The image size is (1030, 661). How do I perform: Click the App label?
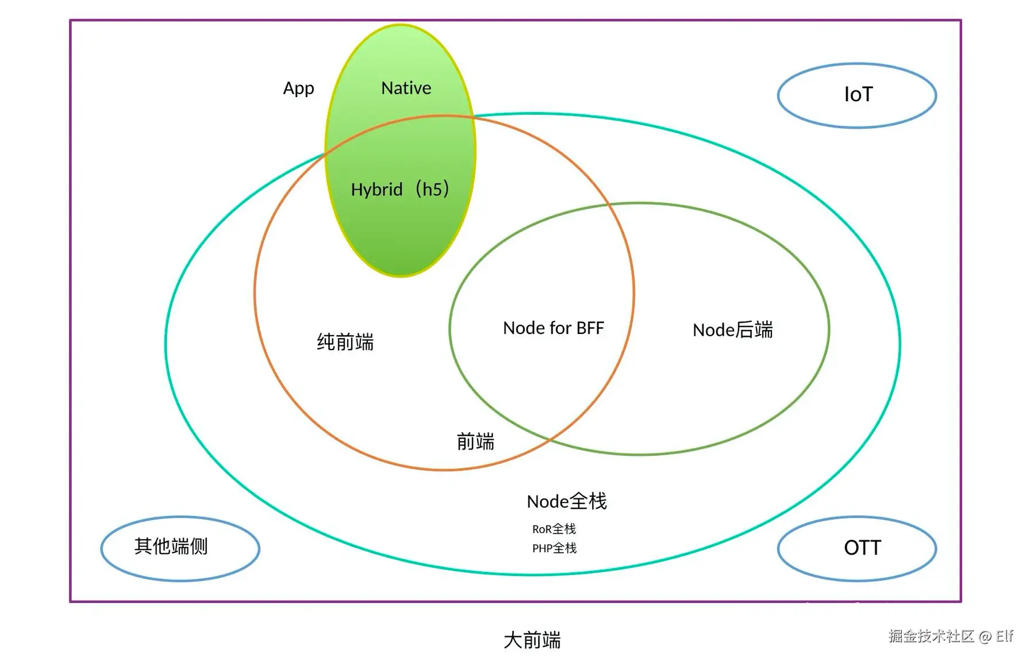coord(298,89)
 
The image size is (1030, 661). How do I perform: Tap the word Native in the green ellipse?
coord(406,88)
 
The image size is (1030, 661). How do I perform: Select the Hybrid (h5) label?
coord(400,189)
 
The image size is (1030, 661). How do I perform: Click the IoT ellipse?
coord(856,95)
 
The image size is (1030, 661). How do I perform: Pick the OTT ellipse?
coord(856,548)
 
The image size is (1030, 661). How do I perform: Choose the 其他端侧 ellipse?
coord(180,548)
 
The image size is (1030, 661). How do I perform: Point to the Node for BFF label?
coord(553,328)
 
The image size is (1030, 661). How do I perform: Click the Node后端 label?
coord(732,330)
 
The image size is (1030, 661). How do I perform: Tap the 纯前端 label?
coord(345,342)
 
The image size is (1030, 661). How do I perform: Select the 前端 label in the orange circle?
coord(475,441)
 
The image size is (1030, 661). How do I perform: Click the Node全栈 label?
coord(566,501)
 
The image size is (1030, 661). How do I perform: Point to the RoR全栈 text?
coord(554,529)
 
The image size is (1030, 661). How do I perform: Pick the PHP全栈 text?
coord(554,548)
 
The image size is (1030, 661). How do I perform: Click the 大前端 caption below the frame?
coord(532,640)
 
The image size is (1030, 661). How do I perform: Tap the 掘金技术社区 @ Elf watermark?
coord(950,636)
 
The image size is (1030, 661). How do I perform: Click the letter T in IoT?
coord(866,94)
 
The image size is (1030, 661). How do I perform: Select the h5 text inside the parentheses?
coord(432,189)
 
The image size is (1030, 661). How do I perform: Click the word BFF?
coord(590,328)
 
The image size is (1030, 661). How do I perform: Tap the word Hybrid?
coord(376,190)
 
